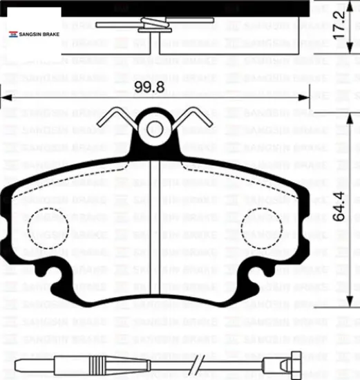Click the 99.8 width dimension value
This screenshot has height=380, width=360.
149,87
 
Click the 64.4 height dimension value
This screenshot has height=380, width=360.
339,207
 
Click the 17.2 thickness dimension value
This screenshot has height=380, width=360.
339,24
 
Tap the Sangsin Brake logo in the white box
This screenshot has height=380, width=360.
34,34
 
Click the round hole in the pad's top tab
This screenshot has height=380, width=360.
155,129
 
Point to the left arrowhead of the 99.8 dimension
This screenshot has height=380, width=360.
6,98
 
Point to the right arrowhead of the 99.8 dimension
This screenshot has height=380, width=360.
304,98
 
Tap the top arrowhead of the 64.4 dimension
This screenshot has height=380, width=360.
350,119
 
